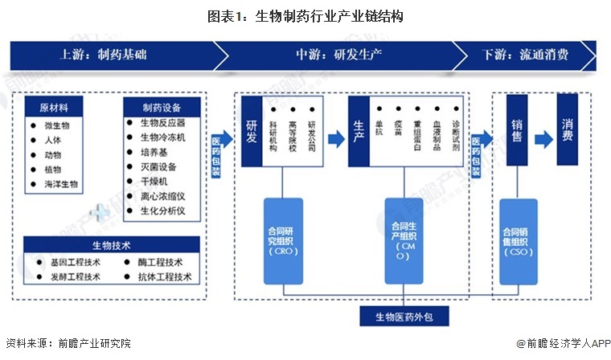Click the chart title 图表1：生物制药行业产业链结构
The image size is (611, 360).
tap(305, 15)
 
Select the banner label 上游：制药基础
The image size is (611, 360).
tap(104, 55)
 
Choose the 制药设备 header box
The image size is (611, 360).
tap(161, 108)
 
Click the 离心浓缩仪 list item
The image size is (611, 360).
tap(162, 196)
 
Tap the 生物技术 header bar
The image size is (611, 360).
tap(111, 245)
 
